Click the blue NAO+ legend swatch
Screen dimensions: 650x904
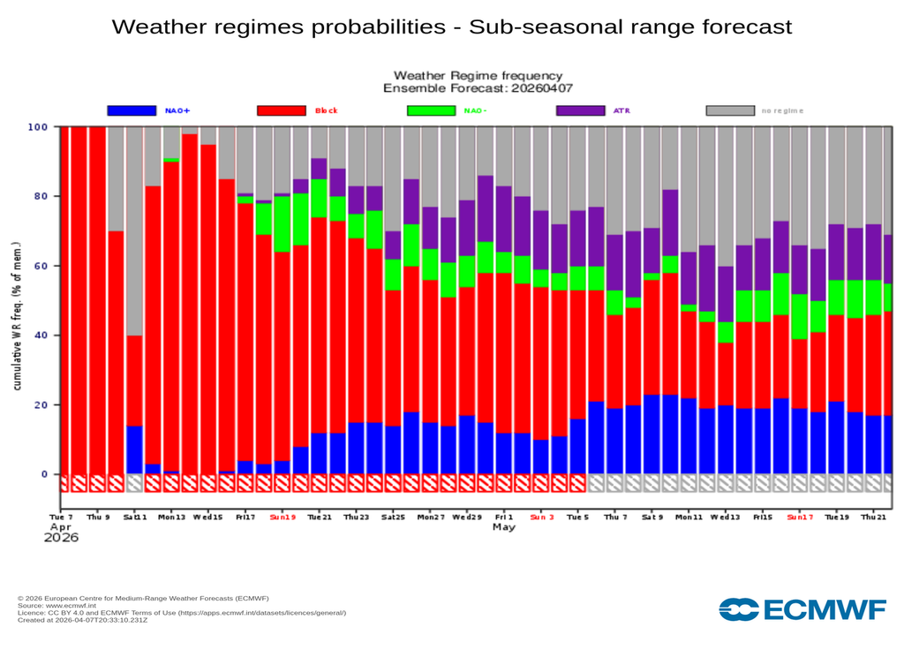pos(132,110)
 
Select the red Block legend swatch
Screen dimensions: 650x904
pos(282,110)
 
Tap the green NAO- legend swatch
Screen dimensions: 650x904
pos(432,110)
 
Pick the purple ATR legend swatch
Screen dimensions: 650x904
pos(581,110)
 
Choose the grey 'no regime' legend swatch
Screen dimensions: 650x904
pos(731,110)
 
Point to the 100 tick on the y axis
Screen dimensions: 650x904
pos(38,126)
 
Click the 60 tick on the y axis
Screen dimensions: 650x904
pos(41,266)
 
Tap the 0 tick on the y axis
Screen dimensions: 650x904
pos(44,474)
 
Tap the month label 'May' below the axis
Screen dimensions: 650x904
pos(503,527)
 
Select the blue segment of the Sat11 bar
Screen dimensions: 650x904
pos(134,450)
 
